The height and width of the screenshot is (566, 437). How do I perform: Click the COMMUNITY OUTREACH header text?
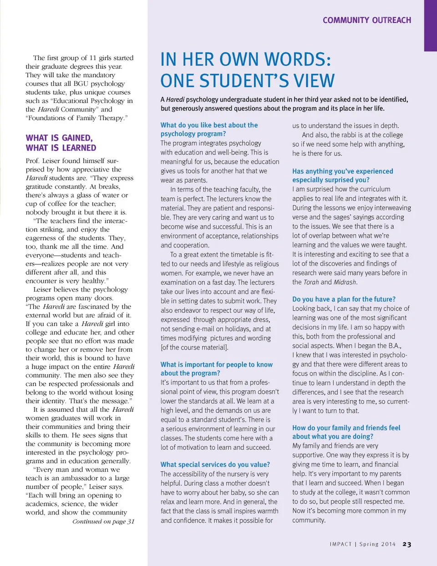point(366,20)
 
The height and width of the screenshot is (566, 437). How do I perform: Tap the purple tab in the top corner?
point(430,25)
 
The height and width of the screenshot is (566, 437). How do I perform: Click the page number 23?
point(407,544)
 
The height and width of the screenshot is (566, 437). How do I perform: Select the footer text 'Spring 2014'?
point(377,544)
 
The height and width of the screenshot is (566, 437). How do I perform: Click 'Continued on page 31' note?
point(103,521)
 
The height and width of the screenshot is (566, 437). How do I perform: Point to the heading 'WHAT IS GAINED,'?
point(59,138)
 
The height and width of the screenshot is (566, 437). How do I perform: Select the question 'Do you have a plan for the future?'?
point(344,299)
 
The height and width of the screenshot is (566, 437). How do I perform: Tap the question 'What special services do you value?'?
point(215,464)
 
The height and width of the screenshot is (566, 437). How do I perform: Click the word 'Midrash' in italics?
point(345,282)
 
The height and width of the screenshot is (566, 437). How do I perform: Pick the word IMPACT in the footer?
point(340,544)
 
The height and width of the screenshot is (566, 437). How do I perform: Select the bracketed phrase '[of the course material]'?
point(194,347)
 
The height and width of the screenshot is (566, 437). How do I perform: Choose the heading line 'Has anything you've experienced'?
point(342,171)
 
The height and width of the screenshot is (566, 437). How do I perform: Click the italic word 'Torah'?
point(311,282)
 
